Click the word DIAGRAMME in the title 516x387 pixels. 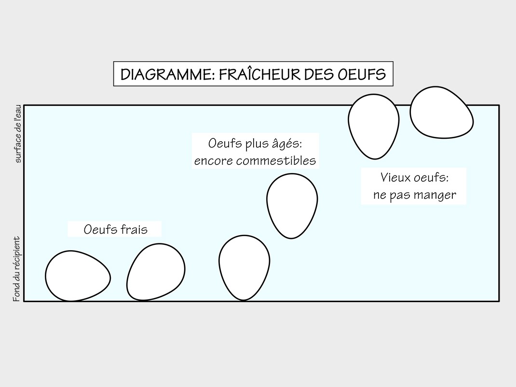pyautogui.click(x=167, y=74)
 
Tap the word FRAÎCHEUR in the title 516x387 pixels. pyautogui.click(x=259, y=74)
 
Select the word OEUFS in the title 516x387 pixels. pyautogui.click(x=362, y=74)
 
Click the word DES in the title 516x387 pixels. pyautogui.click(x=319, y=74)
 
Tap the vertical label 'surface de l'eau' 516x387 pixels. pyautogui.click(x=18, y=133)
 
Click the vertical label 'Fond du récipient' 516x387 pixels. pyautogui.click(x=16, y=268)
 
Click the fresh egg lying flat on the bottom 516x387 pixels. pyautogui.click(x=78, y=276)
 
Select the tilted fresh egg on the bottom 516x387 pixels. pyautogui.click(x=156, y=272)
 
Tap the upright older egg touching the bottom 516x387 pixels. pyautogui.click(x=244, y=267)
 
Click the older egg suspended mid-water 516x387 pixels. pyautogui.click(x=292, y=206)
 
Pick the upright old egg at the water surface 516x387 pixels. pyautogui.click(x=374, y=127)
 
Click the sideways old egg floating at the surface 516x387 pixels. pyautogui.click(x=442, y=112)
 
